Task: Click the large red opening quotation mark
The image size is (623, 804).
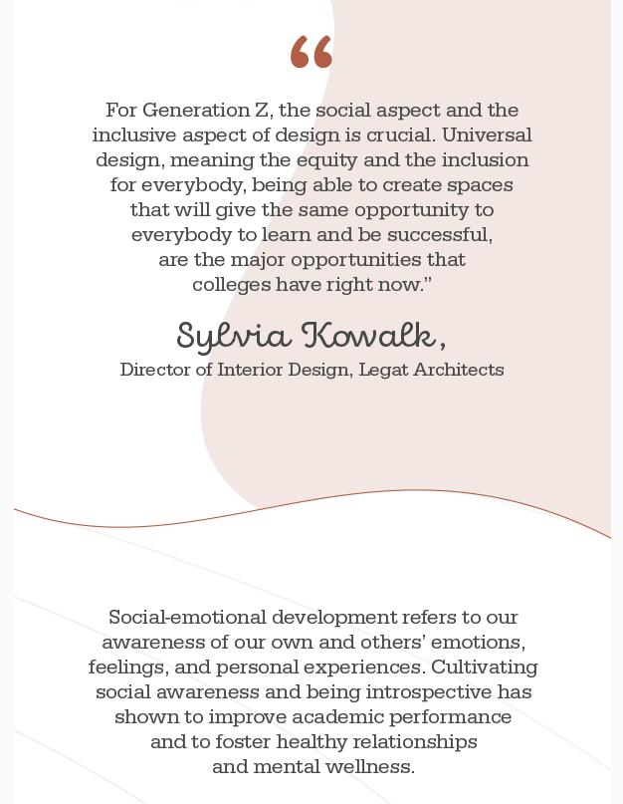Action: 311,52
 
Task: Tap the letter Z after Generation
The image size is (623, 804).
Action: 262,111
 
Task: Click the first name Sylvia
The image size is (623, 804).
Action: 234,337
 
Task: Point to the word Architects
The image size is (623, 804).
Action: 460,370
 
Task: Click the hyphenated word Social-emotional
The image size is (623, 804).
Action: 188,618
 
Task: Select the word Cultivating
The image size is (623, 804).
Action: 484,668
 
